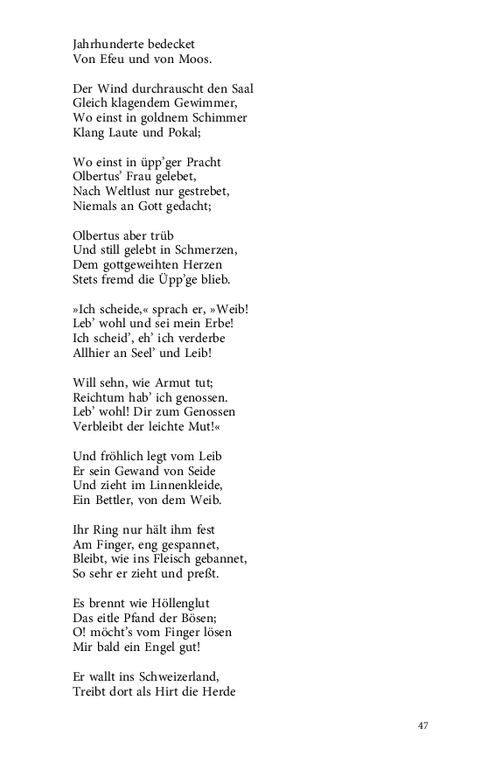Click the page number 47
pyautogui.click(x=423, y=725)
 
